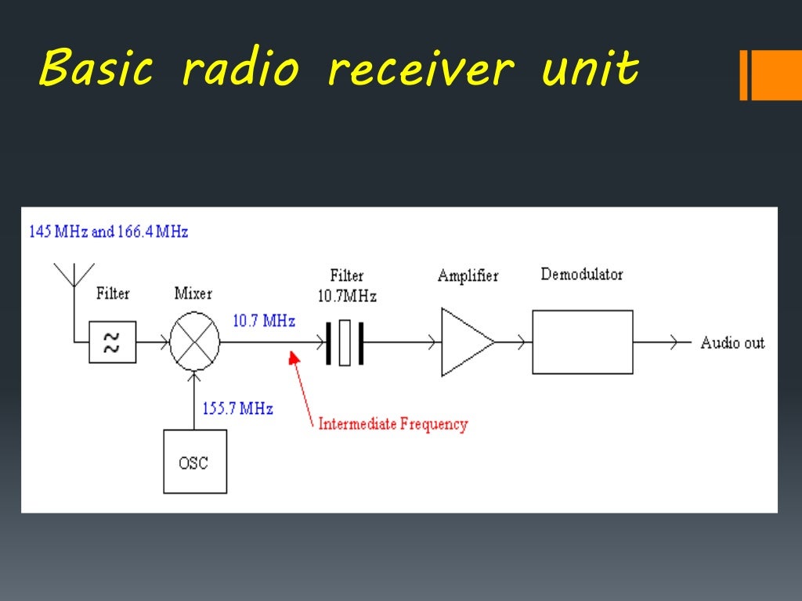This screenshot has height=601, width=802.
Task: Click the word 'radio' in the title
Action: [240, 70]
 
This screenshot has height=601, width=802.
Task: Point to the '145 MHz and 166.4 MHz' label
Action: [108, 232]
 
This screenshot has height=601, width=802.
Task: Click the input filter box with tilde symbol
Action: [112, 342]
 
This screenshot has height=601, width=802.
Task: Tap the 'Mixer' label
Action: [193, 293]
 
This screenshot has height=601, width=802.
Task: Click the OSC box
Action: [195, 462]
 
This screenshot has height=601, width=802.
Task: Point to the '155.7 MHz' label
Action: [237, 408]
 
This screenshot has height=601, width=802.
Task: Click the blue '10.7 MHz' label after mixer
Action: [263, 321]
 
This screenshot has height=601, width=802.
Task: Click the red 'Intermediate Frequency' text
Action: [392, 425]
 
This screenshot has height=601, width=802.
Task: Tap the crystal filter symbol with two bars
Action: [345, 343]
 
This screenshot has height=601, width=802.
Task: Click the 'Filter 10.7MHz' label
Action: [347, 286]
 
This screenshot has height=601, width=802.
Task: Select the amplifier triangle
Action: [465, 342]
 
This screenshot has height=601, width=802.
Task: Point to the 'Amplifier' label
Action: [468, 276]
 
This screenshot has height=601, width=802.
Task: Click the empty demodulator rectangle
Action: [582, 342]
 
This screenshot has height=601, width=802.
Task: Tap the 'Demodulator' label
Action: [581, 275]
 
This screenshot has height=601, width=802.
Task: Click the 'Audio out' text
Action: [732, 343]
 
